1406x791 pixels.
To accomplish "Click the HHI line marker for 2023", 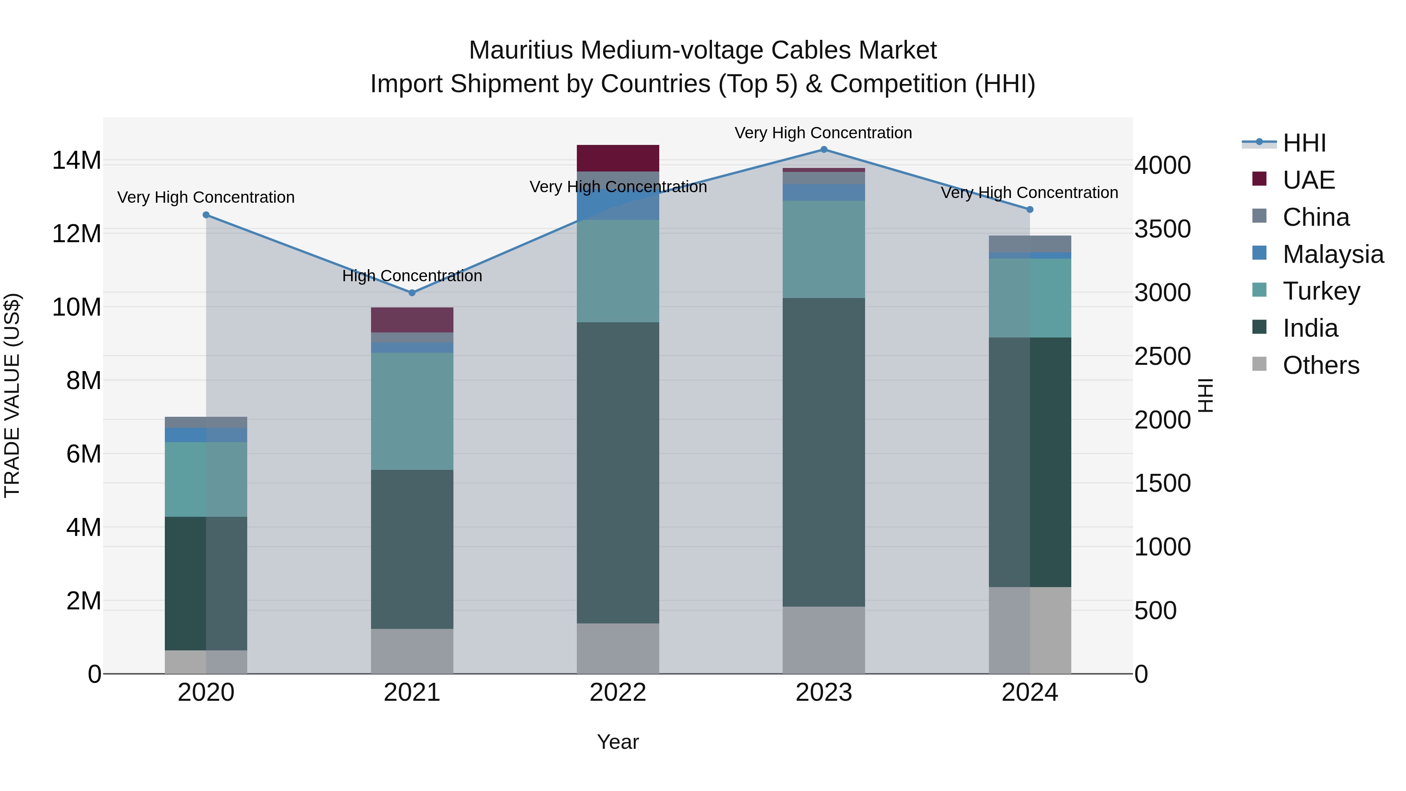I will coord(824,150).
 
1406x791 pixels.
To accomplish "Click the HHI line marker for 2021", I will coord(412,293).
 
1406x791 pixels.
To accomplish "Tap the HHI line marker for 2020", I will coord(206,215).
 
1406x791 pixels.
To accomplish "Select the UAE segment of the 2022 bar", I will coord(618,158).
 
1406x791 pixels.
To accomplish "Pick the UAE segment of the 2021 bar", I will coord(412,320).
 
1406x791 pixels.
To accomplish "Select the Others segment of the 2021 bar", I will coord(412,651).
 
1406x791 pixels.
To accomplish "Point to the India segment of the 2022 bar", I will coord(618,472).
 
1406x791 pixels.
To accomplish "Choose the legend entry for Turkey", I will coord(1320,291).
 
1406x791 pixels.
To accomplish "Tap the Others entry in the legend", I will coord(1320,365).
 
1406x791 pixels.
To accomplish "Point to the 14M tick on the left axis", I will coord(77,161).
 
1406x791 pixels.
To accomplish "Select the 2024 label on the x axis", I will coord(1030,693).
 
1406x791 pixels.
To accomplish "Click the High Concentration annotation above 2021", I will coord(412,276).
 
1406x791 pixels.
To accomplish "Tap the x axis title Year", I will coord(618,742).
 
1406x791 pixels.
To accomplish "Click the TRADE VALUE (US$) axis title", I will coord(12,395).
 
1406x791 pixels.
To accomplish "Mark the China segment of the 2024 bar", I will coord(1030,243).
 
